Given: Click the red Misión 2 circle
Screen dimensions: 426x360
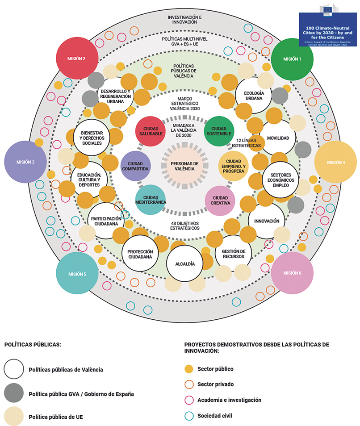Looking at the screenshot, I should [77, 58].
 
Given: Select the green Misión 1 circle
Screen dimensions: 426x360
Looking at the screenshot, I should [292, 58].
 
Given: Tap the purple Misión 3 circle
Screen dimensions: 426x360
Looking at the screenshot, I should [25, 162].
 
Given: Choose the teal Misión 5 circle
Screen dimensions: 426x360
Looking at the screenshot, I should [77, 273].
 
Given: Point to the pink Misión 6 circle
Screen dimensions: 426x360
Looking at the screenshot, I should [292, 273].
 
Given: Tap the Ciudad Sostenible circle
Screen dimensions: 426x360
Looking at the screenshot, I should [219, 131].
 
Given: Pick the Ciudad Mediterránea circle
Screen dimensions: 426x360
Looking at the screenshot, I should [150, 199].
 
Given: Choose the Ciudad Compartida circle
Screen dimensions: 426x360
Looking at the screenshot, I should [135, 165].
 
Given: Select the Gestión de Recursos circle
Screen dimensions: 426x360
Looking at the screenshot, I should [233, 254].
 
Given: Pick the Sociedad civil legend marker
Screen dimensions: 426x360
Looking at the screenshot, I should [189, 416].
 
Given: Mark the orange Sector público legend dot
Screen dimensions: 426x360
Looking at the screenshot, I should [189, 369].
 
